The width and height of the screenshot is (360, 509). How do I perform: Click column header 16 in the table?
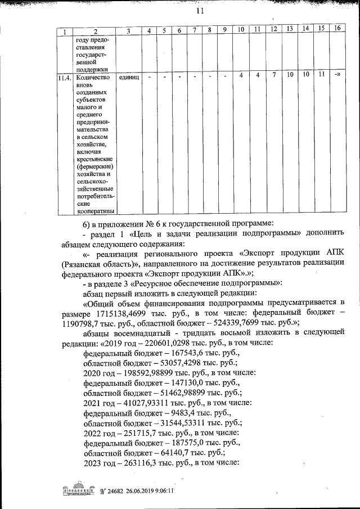pos(337,28)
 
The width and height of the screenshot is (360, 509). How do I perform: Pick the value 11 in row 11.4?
pos(321,74)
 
